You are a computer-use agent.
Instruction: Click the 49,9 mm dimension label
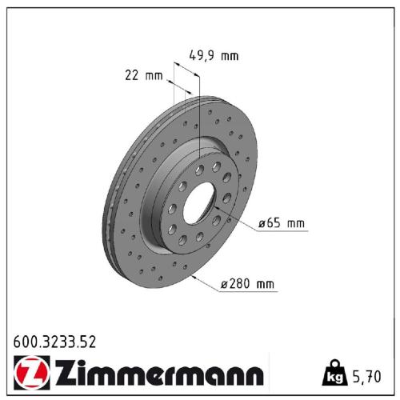pos(214,56)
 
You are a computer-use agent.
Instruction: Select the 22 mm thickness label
pos(144,76)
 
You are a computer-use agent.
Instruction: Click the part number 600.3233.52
pos(54,342)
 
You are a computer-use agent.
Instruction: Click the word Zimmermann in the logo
pos(157,374)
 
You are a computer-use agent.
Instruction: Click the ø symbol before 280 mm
pos(223,283)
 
